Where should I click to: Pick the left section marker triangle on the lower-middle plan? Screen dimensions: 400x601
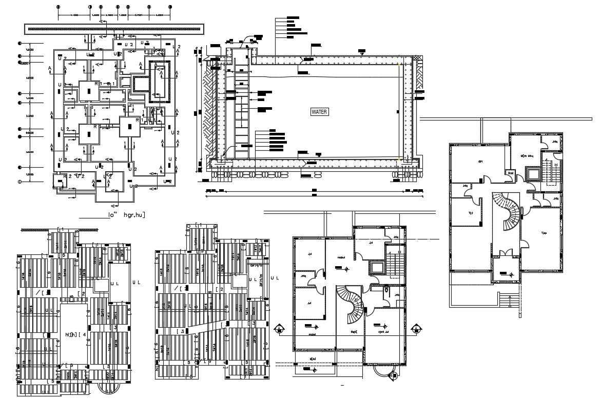[x=279, y=329]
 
